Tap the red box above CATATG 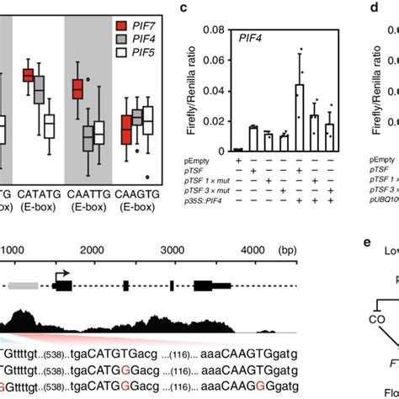pyautogui.click(x=28, y=76)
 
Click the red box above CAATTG pyautogui.click(x=79, y=88)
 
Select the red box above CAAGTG pyautogui.click(x=127, y=131)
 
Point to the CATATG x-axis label pyautogui.click(x=40, y=190)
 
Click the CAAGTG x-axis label pyautogui.click(x=140, y=190)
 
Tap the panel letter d pyautogui.click(x=373, y=8)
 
